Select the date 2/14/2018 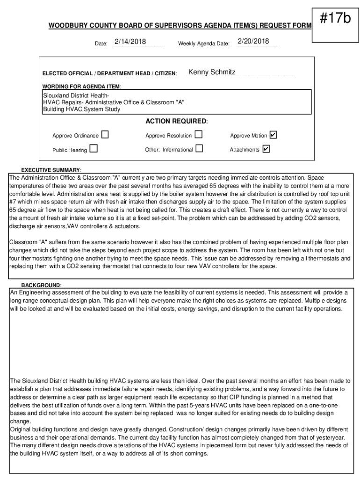130,42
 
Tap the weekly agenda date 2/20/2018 253,42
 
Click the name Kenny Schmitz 212,72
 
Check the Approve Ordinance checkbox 105,135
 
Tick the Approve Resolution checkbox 199,135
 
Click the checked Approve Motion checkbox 274,135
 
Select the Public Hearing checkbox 94,149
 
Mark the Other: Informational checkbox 200,149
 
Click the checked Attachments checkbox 266,149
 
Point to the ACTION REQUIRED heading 176,122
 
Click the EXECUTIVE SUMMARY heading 51,170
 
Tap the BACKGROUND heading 41,285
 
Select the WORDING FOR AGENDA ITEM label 82,87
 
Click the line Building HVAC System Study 81,109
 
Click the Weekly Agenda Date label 203,44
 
